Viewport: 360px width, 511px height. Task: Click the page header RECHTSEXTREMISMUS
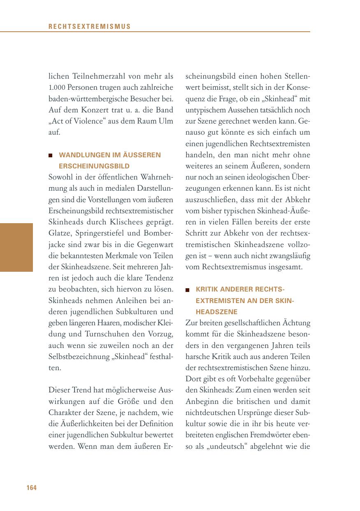pyautogui.click(x=89, y=27)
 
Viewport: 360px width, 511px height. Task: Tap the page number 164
pyautogui.click(x=31, y=488)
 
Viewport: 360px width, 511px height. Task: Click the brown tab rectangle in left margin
pyautogui.click(x=16, y=247)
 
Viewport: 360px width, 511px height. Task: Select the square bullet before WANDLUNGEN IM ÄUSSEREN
pyautogui.click(x=51, y=156)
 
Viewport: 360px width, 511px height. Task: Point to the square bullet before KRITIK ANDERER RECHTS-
pyautogui.click(x=188, y=290)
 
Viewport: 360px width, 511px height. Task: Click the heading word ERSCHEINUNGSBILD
pyautogui.click(x=94, y=166)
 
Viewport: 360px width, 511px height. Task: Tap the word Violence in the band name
pyautogui.click(x=94, y=121)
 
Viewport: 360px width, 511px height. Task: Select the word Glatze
pyautogui.click(x=60, y=233)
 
